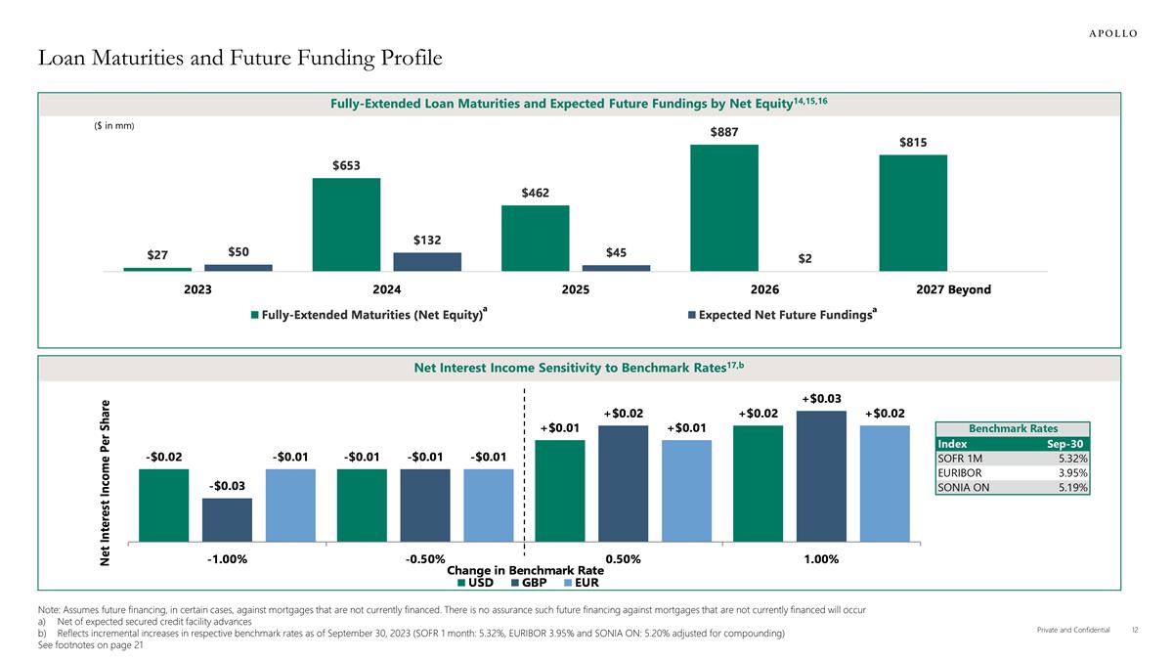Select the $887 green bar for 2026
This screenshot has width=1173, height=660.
click(x=724, y=207)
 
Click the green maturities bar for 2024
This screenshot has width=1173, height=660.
click(x=346, y=224)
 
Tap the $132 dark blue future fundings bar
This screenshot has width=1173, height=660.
click(x=427, y=261)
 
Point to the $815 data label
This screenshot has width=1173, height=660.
click(x=913, y=143)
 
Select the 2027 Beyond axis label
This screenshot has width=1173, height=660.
click(x=953, y=289)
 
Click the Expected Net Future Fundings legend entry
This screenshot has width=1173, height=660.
click(x=781, y=315)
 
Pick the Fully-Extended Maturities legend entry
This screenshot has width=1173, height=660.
click(x=369, y=315)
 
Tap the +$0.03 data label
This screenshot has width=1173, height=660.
click(x=821, y=398)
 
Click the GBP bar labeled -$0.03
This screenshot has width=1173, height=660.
click(x=227, y=519)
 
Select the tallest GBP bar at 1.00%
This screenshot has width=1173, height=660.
click(x=821, y=475)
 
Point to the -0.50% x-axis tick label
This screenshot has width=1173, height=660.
click(x=425, y=559)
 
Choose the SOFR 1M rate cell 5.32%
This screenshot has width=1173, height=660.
click(x=1073, y=458)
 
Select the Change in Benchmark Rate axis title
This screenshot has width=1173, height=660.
click(x=525, y=570)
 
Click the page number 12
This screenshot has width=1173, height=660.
click(x=1135, y=631)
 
